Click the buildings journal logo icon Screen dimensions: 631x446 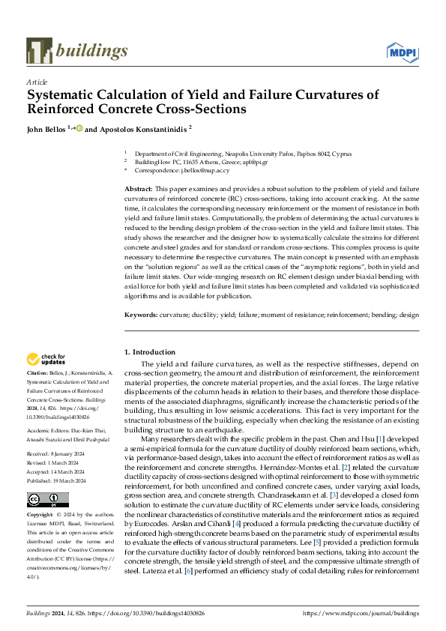pyautogui.click(x=39, y=51)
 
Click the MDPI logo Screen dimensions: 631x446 pyautogui.click(x=402, y=52)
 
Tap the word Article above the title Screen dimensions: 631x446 pyautogui.click(x=36, y=82)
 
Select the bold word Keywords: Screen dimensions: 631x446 pyautogui.click(x=141, y=315)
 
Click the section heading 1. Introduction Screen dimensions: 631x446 pyautogui.click(x=149, y=352)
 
